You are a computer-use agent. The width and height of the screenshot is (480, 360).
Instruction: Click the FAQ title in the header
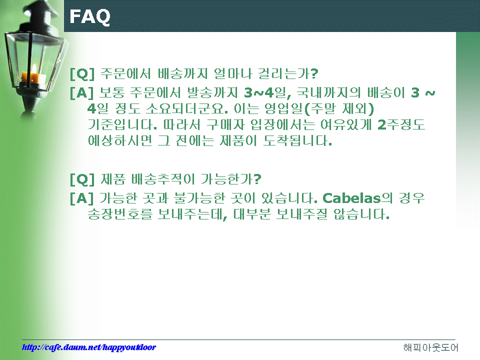pos(89,17)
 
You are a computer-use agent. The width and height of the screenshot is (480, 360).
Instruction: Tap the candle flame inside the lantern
pos(34,68)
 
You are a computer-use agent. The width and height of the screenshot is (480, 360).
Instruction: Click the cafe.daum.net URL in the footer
pos(89,347)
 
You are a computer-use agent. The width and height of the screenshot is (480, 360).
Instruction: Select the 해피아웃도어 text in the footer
pos(430,347)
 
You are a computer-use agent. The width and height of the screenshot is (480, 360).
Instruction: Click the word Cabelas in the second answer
pos(351,198)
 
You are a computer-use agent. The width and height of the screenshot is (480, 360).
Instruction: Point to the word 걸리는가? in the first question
pos(288,73)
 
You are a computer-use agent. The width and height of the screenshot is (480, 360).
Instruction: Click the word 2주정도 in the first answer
pos(401,124)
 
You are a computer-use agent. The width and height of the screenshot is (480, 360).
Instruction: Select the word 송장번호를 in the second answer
pos(120,214)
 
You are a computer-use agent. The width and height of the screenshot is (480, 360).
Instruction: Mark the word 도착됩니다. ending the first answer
pos(297,140)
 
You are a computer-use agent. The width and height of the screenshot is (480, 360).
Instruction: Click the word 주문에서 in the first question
pos(125,73)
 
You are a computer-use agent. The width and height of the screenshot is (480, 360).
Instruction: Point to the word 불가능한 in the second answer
pos(199,198)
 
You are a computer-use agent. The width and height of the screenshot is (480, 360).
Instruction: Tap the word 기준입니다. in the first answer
pos(122,124)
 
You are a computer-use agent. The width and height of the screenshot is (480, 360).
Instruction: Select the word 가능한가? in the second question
pos(231,179)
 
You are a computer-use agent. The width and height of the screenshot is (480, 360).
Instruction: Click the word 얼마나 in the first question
pos(232,73)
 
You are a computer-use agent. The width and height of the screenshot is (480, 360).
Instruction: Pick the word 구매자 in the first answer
pos(225,124)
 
